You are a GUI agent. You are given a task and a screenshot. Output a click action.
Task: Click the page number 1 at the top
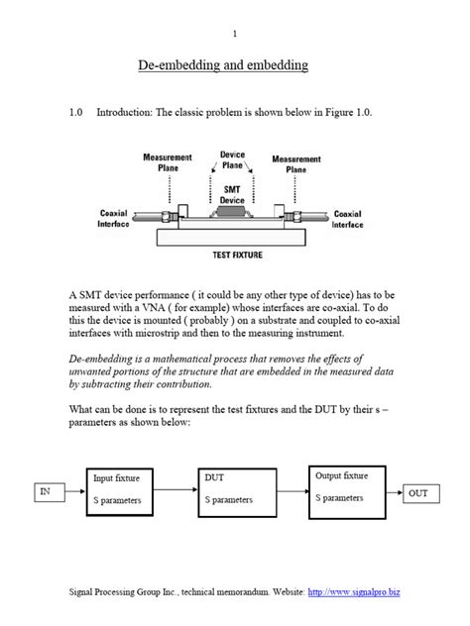pyautogui.click(x=235, y=35)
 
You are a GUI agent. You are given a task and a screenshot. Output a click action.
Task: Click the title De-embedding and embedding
pyautogui.click(x=235, y=66)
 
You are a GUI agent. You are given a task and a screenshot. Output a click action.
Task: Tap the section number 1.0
pyautogui.click(x=78, y=113)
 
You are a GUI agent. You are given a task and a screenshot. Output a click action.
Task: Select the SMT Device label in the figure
pyautogui.click(x=232, y=194)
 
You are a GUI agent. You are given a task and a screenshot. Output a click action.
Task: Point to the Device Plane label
pyautogui.click(x=232, y=160)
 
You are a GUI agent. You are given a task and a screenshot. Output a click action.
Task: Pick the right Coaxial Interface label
pyautogui.click(x=347, y=219)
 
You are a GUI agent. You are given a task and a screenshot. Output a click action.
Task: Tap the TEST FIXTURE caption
pyautogui.click(x=234, y=255)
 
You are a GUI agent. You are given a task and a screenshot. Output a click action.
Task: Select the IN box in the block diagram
pyautogui.click(x=45, y=491)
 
